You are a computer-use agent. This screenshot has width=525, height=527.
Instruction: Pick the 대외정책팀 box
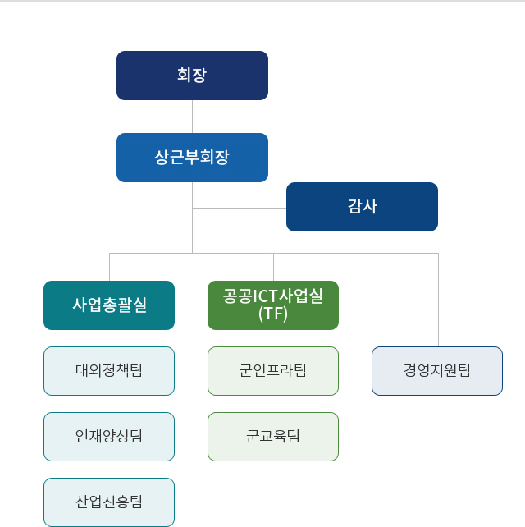click(109, 371)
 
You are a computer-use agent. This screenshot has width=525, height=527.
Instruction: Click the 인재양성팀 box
click(109, 437)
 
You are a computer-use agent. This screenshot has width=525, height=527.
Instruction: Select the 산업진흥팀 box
click(109, 502)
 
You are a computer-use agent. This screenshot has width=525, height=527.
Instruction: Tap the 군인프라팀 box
click(273, 371)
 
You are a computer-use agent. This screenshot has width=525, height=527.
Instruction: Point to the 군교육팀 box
click(273, 437)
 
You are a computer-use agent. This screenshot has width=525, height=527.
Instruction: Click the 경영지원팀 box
click(437, 371)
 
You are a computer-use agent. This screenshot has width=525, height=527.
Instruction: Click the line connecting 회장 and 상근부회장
click(192, 117)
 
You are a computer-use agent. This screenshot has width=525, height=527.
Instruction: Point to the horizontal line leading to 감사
click(240, 209)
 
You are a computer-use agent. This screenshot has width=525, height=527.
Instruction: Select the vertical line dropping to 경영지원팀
click(438, 300)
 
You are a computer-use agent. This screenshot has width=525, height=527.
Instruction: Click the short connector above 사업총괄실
click(109, 267)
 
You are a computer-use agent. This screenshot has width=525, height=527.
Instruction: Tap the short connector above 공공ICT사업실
click(273, 267)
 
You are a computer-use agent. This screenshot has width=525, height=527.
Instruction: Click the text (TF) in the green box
click(273, 314)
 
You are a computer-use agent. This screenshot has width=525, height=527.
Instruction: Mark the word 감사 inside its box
click(362, 207)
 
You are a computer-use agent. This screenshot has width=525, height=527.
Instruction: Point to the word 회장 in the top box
click(192, 76)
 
